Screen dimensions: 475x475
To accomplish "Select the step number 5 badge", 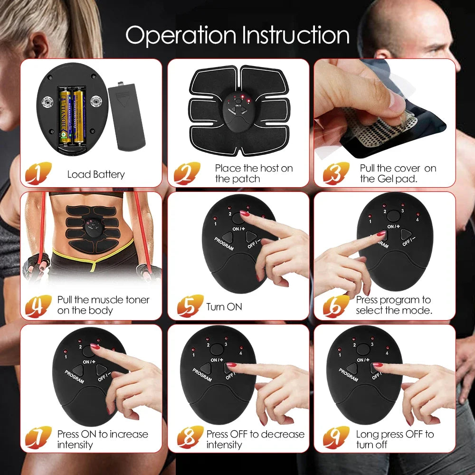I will point(190,305).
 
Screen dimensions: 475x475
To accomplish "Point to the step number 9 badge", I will point(336,438).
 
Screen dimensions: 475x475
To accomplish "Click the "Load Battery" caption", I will point(96,174).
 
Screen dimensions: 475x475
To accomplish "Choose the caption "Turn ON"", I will point(224,307).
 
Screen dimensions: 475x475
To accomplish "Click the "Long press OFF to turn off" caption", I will point(395,439).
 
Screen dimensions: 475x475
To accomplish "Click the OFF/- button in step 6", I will point(406,234).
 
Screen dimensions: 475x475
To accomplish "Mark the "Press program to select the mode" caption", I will point(394,305).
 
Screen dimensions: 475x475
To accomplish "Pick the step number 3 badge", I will point(336,173).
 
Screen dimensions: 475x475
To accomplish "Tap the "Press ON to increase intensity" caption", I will point(103,439).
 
